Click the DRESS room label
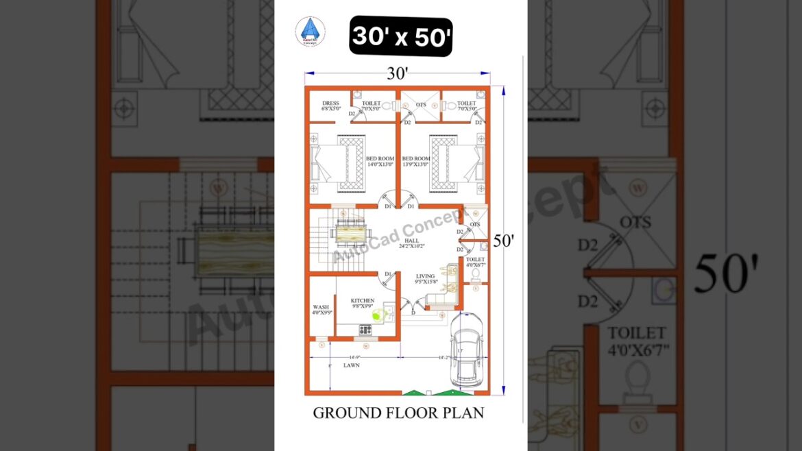(x=330, y=106)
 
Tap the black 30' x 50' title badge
(x=401, y=37)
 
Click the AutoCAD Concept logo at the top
(x=311, y=32)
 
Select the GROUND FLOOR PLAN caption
(x=398, y=413)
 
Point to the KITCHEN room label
(x=363, y=303)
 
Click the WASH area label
(x=321, y=310)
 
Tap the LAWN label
(x=352, y=365)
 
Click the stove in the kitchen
(x=365, y=330)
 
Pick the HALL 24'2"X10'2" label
(x=411, y=243)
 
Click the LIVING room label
(x=426, y=278)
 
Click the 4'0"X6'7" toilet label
(x=476, y=262)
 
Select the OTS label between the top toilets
(x=421, y=105)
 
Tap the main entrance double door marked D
(x=411, y=308)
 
